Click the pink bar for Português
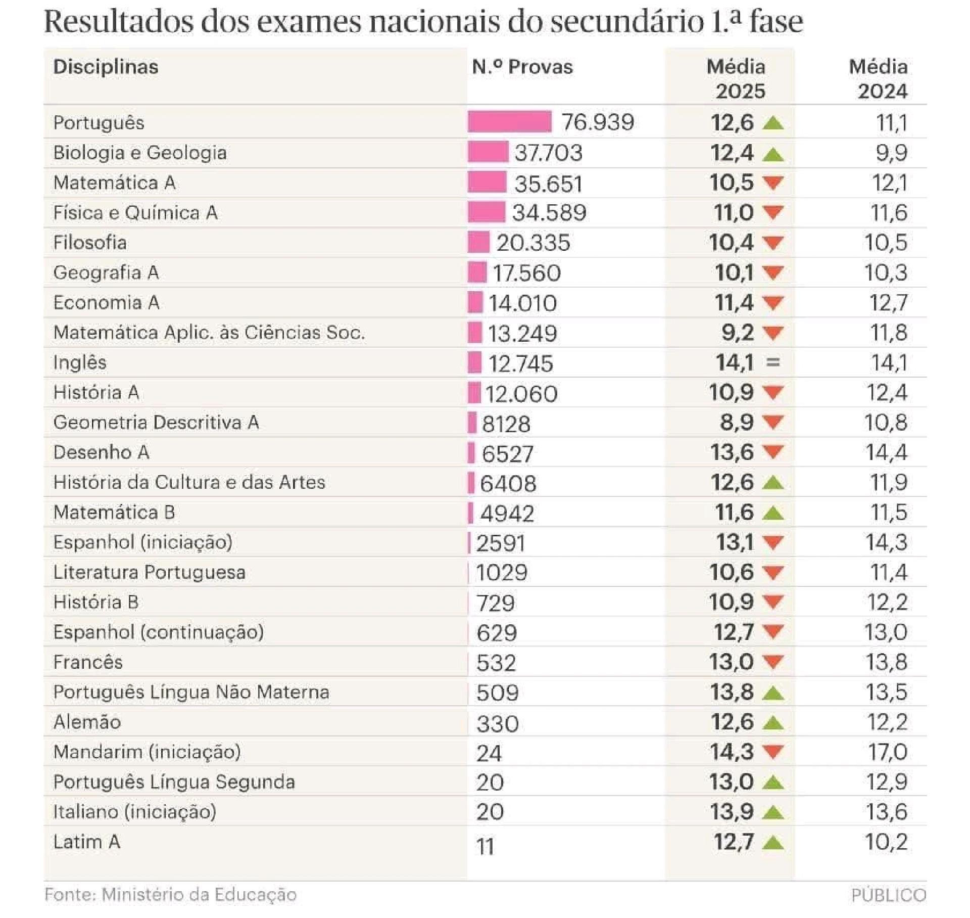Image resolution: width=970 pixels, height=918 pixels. [x=509, y=122]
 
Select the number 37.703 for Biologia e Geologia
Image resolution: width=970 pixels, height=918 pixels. [x=548, y=153]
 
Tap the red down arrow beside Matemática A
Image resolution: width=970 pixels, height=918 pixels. [x=773, y=182]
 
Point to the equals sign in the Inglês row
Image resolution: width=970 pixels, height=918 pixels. [x=773, y=362]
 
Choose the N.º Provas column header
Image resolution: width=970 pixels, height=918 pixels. [x=522, y=67]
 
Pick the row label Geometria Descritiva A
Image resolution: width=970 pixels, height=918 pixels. [x=156, y=422]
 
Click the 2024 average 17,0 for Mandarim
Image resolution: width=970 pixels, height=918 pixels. [x=888, y=752]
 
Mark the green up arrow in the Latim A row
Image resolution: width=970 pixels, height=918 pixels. [x=773, y=842]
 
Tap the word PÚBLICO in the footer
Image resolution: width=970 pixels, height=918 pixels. [x=888, y=895]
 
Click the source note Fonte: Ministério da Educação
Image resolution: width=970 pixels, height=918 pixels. [x=170, y=895]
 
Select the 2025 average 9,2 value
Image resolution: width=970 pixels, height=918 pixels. [x=738, y=332]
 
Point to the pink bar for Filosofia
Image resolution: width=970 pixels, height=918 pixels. [x=478, y=242]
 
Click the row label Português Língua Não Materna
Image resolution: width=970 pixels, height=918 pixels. [x=191, y=692]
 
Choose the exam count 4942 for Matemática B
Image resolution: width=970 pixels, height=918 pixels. [x=507, y=514]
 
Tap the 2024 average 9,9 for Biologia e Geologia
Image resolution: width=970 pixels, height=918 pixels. [x=891, y=153]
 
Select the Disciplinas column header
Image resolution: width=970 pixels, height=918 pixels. [x=106, y=67]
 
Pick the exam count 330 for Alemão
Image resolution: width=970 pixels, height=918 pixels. [x=497, y=723]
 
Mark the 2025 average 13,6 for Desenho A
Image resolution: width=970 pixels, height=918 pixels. [x=732, y=452]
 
